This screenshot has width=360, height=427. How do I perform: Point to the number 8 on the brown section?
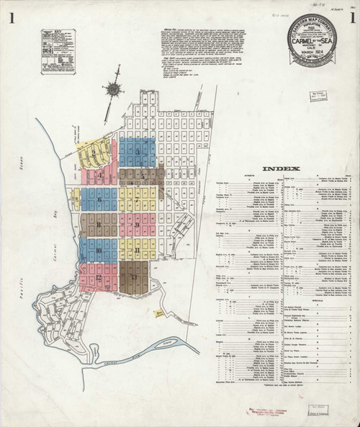tap(97, 226)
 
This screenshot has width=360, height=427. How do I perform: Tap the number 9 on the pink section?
tap(136, 226)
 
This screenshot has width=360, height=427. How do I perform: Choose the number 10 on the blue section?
tap(98, 251)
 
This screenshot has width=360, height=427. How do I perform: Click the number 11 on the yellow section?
tap(136, 251)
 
